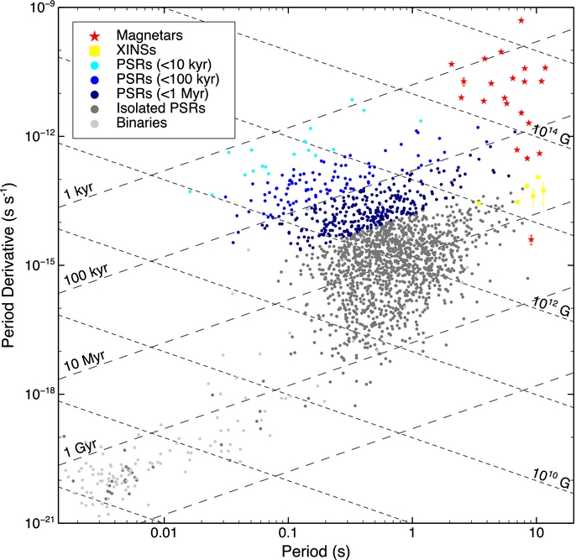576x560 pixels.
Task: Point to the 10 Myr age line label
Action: [x=83, y=364]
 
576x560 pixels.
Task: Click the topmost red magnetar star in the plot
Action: [x=521, y=20]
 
